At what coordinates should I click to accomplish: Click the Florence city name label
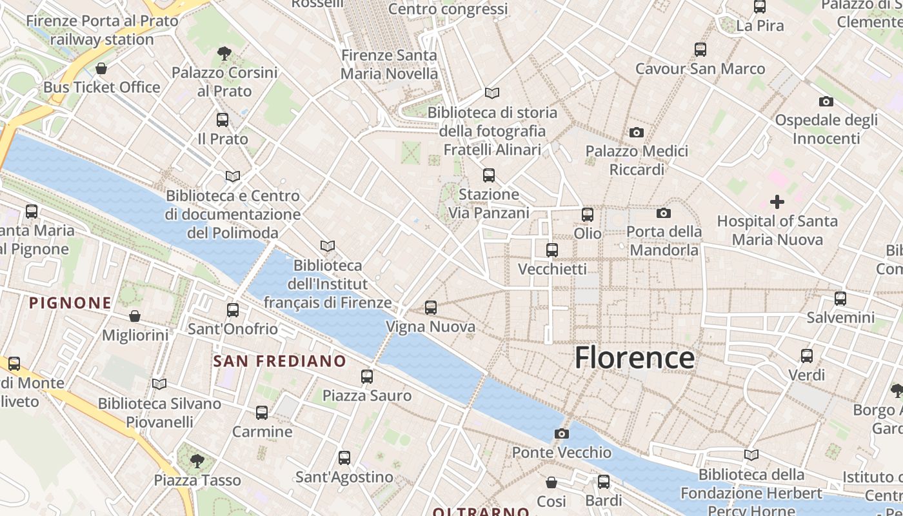click(635, 358)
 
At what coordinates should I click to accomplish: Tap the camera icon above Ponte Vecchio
click(562, 433)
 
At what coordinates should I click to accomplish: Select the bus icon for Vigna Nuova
click(431, 308)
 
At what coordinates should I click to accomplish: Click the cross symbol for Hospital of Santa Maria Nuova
click(777, 202)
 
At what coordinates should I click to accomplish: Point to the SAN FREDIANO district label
click(279, 361)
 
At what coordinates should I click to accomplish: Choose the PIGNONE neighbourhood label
click(70, 303)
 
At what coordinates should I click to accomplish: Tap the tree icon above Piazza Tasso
click(197, 461)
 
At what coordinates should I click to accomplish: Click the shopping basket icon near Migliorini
click(135, 316)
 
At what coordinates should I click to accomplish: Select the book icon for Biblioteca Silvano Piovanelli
click(159, 384)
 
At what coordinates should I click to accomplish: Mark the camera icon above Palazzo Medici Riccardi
click(637, 132)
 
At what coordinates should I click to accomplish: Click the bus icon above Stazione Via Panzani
click(489, 175)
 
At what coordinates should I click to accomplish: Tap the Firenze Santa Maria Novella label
click(389, 64)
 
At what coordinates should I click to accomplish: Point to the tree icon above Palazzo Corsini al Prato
click(224, 53)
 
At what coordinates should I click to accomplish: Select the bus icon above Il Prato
click(223, 119)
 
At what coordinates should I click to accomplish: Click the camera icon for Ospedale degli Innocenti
click(826, 101)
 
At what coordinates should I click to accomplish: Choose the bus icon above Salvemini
click(840, 298)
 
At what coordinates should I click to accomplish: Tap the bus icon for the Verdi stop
click(807, 355)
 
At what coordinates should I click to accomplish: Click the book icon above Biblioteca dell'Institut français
click(328, 246)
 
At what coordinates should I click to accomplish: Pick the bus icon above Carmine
click(262, 412)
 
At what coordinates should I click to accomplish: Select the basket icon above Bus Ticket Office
click(101, 68)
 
